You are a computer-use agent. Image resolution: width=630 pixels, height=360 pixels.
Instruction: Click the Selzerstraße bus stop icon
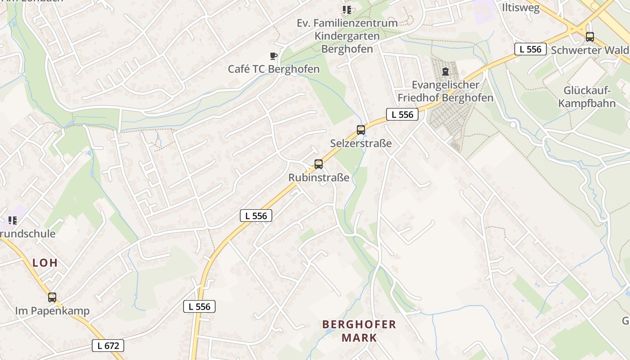point(360,130)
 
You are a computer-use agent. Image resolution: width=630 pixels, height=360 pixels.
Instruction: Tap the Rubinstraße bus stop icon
point(319,164)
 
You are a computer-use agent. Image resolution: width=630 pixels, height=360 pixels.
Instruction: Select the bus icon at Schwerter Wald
point(589,37)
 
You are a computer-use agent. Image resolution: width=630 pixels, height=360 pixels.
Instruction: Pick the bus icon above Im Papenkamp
point(52,297)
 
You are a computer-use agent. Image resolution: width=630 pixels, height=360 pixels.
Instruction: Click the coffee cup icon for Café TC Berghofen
point(273,56)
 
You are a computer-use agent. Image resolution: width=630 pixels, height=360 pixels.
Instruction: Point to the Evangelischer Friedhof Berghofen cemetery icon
point(445,72)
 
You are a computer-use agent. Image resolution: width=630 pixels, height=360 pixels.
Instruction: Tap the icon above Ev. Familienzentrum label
point(346,9)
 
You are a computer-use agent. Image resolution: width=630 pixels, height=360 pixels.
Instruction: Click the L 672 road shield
point(108,346)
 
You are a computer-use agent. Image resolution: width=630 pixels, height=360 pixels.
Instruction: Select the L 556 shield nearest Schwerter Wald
point(530,49)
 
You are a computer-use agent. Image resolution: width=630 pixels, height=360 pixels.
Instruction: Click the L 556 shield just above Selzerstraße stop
point(402,114)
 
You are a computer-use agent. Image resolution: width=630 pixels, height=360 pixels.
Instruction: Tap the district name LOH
point(45,263)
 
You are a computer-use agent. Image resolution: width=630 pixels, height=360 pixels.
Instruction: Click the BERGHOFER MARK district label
point(359,331)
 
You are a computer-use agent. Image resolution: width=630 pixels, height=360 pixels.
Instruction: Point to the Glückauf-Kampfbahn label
point(587,97)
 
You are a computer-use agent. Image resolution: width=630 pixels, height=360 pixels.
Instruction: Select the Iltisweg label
point(521,8)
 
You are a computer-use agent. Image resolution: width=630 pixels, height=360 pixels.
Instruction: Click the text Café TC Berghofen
point(274,69)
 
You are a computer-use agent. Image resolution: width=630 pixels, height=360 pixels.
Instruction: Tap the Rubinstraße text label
point(319,178)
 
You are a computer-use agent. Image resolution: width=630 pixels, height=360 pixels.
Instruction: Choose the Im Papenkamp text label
point(52,311)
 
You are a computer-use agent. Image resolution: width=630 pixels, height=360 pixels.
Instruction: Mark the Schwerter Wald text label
point(589,50)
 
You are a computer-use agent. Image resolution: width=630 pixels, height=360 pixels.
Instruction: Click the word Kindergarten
point(347,36)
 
